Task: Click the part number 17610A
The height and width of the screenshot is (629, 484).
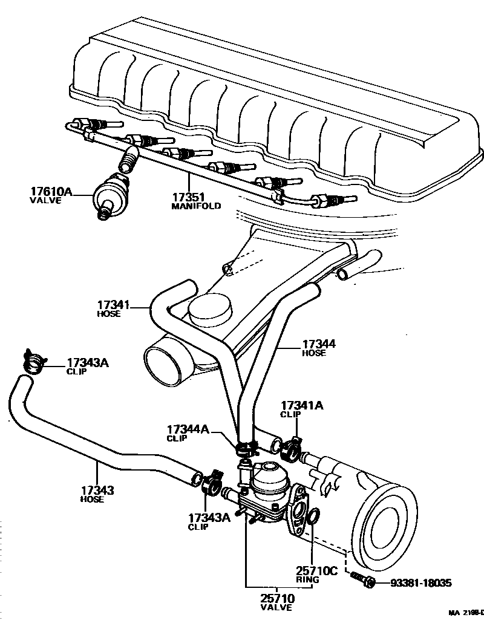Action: click(51, 192)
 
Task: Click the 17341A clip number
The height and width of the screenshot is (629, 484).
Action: click(301, 406)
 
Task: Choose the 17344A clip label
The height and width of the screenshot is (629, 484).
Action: click(188, 429)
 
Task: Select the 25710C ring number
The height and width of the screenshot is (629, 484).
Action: click(316, 570)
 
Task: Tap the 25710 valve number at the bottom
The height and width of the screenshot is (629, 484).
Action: click(276, 599)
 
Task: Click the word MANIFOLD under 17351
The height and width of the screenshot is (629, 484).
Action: click(195, 206)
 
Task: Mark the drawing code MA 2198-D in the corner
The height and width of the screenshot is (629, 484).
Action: click(466, 613)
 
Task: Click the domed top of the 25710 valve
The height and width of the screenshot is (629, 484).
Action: click(270, 475)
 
